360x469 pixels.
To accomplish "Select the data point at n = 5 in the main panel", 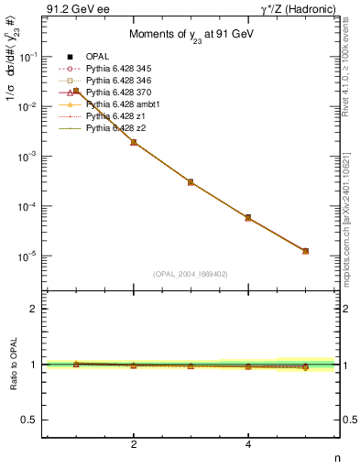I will coord(306,251).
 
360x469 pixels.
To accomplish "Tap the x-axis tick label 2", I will coord(134,444).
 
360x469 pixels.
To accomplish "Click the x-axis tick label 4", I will coord(248,444).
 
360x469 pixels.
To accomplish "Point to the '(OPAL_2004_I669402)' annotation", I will coord(191,273).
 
